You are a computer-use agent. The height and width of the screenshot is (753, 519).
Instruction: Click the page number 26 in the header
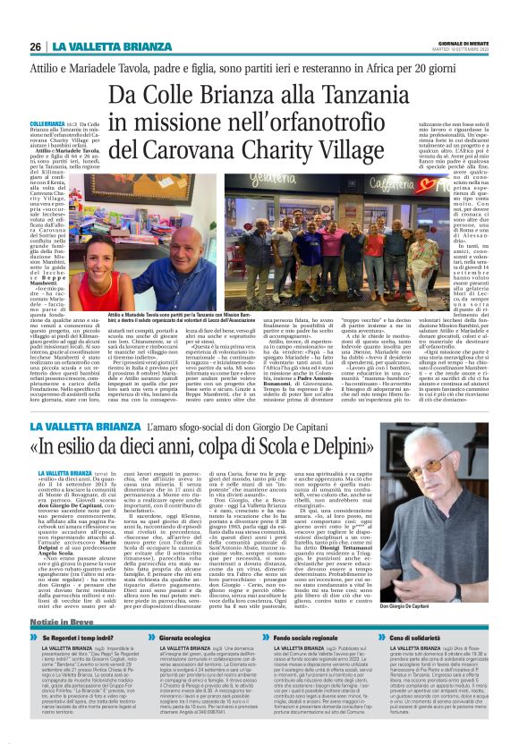[x=36, y=46]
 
